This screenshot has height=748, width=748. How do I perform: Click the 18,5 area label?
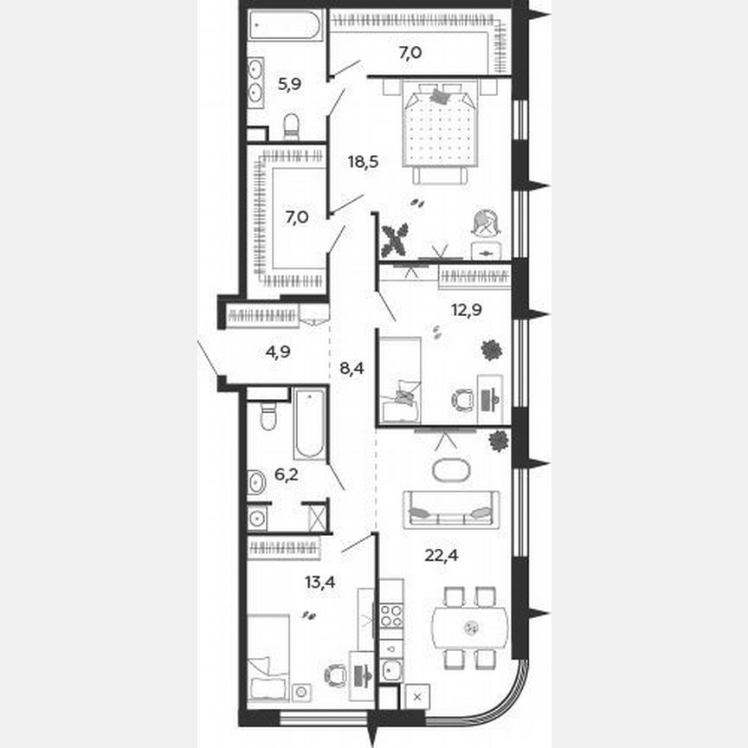pos(364,162)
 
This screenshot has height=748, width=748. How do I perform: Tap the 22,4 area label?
pos(442,555)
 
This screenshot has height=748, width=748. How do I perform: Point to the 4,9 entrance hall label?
pos(278,351)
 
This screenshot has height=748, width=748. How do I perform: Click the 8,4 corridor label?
pos(351,368)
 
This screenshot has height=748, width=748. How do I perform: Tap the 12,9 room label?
pos(466,309)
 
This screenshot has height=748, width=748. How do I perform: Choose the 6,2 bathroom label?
pos(288,474)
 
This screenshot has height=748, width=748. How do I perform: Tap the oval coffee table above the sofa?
pos(449,471)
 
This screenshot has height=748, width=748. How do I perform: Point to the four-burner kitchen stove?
pos(391,616)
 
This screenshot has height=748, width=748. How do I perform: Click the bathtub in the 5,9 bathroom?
pos(285,25)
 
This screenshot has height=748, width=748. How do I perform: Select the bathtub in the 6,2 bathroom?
pos(309,423)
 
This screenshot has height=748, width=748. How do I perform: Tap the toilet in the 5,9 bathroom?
pos(291,126)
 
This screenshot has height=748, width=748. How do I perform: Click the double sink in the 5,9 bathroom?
pos(257,80)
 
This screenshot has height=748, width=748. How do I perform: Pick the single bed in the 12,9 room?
pos(400,379)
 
